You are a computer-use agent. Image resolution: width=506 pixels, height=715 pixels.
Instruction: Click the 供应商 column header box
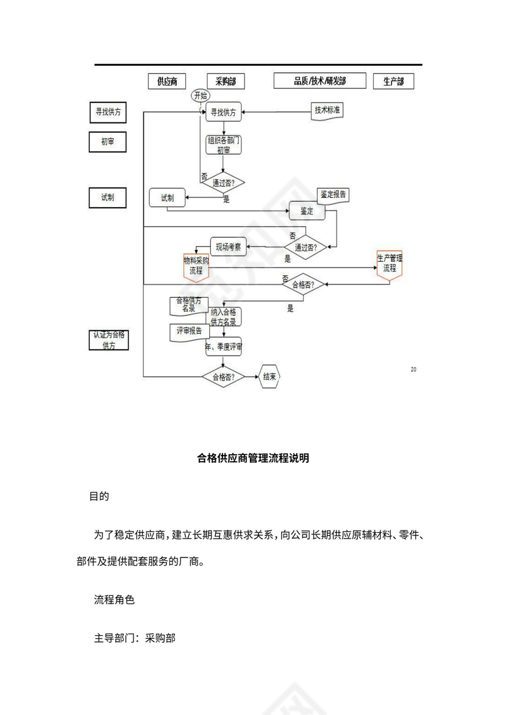tap(167, 81)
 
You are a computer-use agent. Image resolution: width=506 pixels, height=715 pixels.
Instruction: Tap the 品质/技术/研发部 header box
tap(319, 80)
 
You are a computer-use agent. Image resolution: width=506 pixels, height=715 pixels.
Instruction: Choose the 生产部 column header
tap(393, 81)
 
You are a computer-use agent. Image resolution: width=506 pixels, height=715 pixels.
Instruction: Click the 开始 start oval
tap(200, 96)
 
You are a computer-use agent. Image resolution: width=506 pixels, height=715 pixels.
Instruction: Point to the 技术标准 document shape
tap(327, 111)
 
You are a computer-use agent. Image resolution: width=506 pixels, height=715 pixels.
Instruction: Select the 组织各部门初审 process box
tap(224, 145)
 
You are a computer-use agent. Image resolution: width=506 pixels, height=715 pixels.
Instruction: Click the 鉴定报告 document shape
tap(333, 195)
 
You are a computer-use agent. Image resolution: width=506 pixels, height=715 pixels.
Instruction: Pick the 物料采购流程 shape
tap(196, 266)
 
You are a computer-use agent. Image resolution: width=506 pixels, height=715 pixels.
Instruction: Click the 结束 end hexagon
tap(270, 376)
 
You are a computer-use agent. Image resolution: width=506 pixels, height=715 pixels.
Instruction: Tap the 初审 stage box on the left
tap(108, 142)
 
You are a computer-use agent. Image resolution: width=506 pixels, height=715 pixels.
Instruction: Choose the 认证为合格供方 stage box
tap(108, 340)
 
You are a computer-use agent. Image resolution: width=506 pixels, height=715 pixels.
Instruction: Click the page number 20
tap(413, 369)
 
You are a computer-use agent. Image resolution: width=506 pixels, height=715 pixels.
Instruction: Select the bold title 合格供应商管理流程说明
tap(253, 458)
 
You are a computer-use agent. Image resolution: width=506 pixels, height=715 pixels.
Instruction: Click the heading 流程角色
tap(114, 599)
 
